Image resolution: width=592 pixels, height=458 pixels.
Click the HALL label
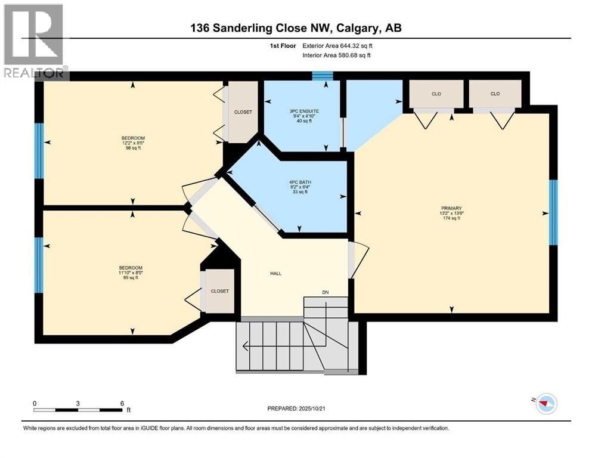pyautogui.click(x=275, y=274)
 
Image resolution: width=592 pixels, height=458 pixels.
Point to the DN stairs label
pyautogui.click(x=325, y=292)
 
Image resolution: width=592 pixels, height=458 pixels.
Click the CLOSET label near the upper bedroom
pyautogui.click(x=243, y=112)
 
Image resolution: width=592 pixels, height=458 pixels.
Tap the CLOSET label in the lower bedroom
pyautogui.click(x=219, y=291)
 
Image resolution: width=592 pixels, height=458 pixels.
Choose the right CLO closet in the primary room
pyautogui.click(x=494, y=94)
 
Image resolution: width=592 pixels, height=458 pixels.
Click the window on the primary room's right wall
pyautogui.click(x=553, y=212)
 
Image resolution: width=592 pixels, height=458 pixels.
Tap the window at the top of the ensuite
pyautogui.click(x=323, y=76)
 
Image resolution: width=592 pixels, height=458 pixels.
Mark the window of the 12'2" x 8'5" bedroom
pyautogui.click(x=39, y=151)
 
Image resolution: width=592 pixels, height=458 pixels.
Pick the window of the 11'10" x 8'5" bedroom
pyautogui.click(x=39, y=265)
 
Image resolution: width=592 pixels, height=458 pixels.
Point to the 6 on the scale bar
pyautogui.click(x=122, y=403)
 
